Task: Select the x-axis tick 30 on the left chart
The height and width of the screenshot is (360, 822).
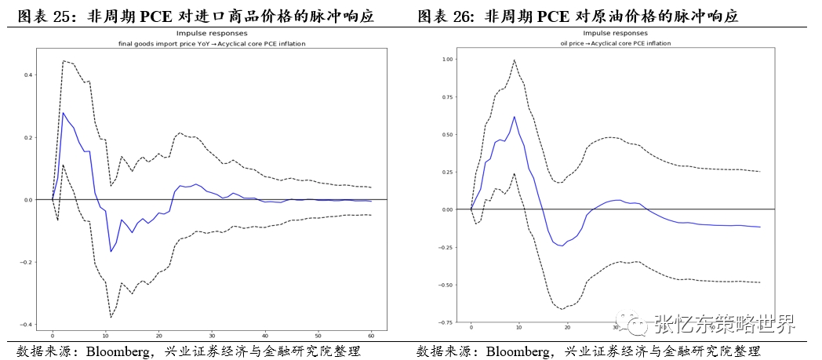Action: [212, 333]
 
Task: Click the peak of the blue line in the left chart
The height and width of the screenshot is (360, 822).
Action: [63, 113]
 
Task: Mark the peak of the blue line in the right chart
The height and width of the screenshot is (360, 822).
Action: [515, 117]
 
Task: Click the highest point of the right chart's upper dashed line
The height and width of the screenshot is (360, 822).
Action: [515, 60]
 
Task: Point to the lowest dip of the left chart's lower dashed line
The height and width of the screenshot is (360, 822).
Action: [111, 317]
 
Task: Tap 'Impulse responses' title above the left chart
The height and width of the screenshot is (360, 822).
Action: [212, 35]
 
